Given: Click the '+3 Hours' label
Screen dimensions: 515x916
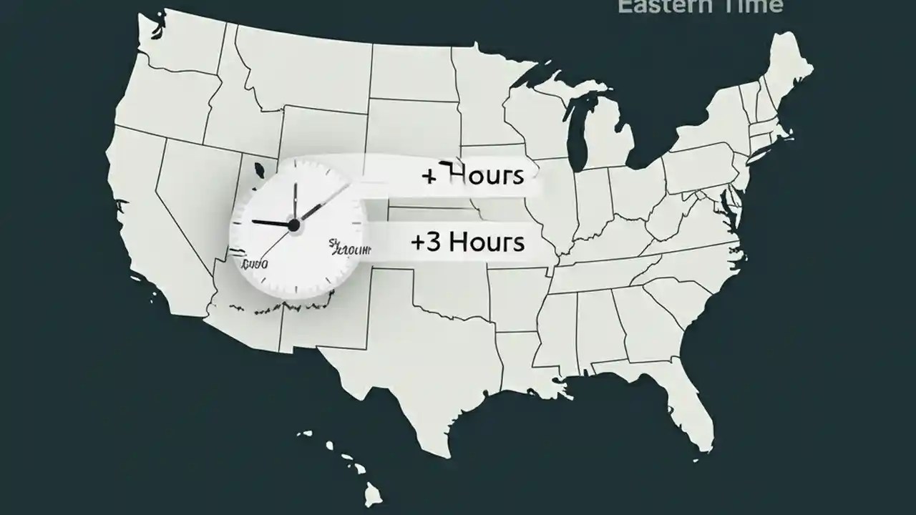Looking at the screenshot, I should pyautogui.click(x=467, y=242).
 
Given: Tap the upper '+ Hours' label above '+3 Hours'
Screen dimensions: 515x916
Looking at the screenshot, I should pyautogui.click(x=473, y=175).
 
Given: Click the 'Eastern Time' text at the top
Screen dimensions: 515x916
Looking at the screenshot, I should pyautogui.click(x=700, y=6).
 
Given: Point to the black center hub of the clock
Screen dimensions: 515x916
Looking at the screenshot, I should pyautogui.click(x=293, y=225).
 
